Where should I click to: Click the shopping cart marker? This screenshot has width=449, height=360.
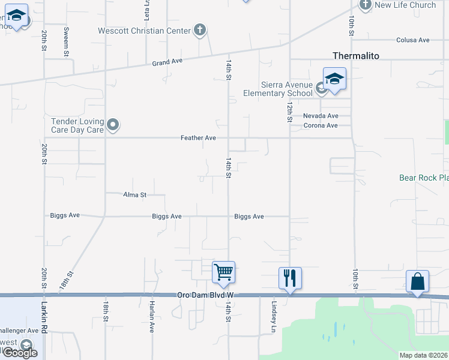(x=223, y=272)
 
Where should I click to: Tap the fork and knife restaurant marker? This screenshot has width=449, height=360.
(x=290, y=278)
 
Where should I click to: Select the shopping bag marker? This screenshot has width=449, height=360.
(x=418, y=281)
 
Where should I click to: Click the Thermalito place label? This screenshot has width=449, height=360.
(x=356, y=56)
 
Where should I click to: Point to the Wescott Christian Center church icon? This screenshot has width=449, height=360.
(x=200, y=30)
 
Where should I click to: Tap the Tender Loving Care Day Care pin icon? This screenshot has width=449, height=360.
(x=113, y=125)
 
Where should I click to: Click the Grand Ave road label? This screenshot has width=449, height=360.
(x=166, y=62)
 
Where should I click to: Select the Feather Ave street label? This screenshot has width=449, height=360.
(x=198, y=138)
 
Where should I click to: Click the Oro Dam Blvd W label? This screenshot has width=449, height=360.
(x=203, y=295)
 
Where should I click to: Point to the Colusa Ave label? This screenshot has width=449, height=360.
(x=412, y=40)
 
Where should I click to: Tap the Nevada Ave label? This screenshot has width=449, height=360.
(x=321, y=116)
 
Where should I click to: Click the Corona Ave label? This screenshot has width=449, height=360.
(x=321, y=125)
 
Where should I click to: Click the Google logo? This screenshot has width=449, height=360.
(x=19, y=353)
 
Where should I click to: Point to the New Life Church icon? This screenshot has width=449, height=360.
(x=366, y=5)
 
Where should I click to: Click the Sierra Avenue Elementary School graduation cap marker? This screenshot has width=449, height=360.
(x=334, y=79)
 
